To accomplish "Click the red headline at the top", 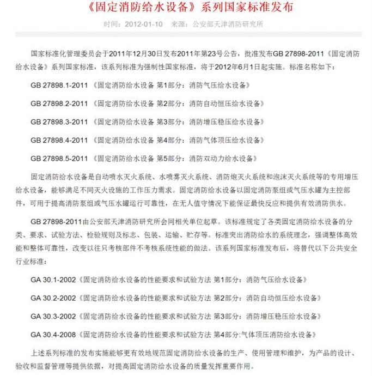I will (186, 8).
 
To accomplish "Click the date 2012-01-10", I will (143, 25).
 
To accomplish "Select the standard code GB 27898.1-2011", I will (59, 86).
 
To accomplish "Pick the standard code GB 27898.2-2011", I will (59, 104).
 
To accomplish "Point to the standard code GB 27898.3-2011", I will (59, 122).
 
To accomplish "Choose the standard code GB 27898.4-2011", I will (59, 140).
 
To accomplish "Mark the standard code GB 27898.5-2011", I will (59, 159).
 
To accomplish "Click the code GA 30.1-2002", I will (53, 280).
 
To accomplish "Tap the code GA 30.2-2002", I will (53, 298).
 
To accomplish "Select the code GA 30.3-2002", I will (53, 316).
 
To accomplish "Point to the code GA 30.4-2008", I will (53, 334).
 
